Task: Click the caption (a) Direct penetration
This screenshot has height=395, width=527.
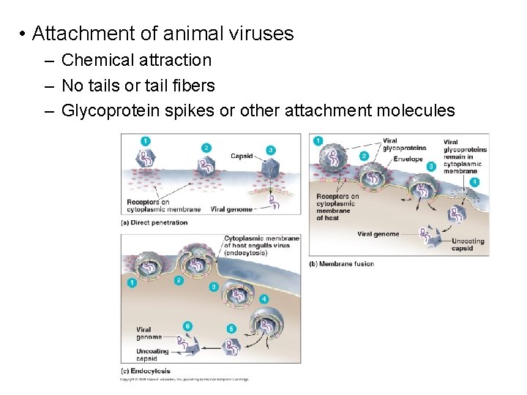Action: [154, 222]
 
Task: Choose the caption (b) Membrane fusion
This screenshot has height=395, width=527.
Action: [341, 264]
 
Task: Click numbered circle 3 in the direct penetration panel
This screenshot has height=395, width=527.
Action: [271, 149]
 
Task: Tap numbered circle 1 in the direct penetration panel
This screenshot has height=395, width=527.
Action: [146, 140]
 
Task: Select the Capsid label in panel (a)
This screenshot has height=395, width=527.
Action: [242, 156]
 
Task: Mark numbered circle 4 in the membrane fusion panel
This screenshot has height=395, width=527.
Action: [476, 181]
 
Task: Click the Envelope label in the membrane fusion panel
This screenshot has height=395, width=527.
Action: [408, 159]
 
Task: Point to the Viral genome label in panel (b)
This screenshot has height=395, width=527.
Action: [378, 234]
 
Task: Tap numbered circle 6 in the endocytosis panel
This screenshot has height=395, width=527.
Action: [188, 326]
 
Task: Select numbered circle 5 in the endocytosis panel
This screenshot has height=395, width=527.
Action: [231, 329]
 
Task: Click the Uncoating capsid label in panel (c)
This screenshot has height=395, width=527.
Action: [152, 355]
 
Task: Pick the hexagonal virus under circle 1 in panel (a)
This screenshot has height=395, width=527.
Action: [146, 157]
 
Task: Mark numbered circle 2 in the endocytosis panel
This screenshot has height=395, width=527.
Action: [179, 280]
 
